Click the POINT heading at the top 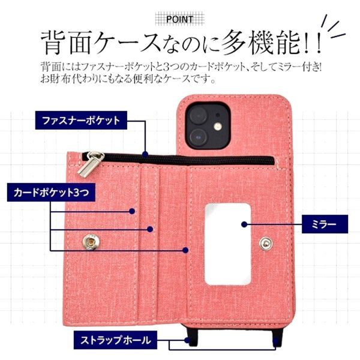tap(179, 19)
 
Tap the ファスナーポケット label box tap(81, 121)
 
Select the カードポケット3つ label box tap(51, 193)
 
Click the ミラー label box tap(325, 224)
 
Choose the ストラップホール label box tap(115, 340)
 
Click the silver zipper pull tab tap(91, 164)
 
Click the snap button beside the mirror tap(266, 244)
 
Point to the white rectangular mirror tap(228, 244)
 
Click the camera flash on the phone tap(218, 127)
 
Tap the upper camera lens tap(198, 115)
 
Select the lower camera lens tap(198, 137)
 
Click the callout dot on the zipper tap(145, 154)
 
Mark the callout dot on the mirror tap(244, 224)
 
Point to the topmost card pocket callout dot tap(132, 211)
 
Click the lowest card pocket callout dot tap(185, 250)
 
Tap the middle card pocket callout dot tap(150, 229)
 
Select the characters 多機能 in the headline tap(260, 43)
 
